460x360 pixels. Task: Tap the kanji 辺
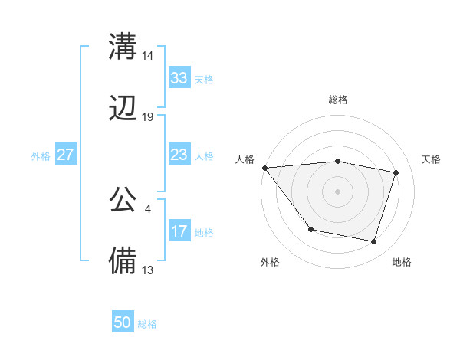[x=123, y=109]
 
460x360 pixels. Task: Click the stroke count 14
[x=148, y=55]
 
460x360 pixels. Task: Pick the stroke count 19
[x=148, y=117]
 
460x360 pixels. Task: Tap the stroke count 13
[x=148, y=270]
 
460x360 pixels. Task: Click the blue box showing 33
[x=179, y=78]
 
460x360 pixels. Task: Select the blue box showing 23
[x=179, y=155]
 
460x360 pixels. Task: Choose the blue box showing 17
[x=179, y=231]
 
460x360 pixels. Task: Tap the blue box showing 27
[x=65, y=155]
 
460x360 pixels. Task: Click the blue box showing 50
[x=122, y=322]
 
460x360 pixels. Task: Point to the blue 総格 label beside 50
[x=147, y=324]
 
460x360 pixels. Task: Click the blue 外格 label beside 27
[x=41, y=156]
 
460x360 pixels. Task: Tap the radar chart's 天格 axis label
[x=431, y=159]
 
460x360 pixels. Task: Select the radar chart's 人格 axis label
[x=245, y=159]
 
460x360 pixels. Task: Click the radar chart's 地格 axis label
[x=402, y=262]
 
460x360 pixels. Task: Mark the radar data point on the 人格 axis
[x=264, y=168]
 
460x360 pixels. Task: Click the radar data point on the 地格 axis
[x=373, y=241]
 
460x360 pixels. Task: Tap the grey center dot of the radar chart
[x=337, y=191]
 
